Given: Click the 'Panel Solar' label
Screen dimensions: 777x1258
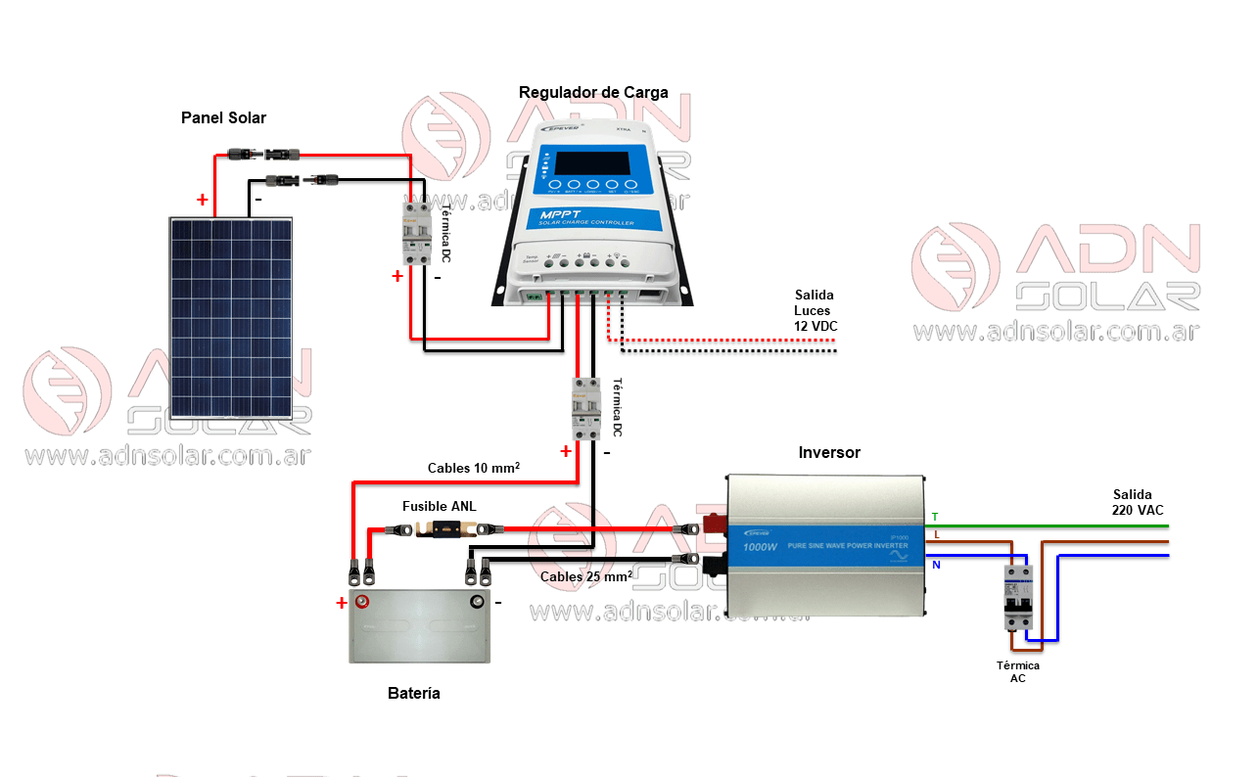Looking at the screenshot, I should coord(223,117).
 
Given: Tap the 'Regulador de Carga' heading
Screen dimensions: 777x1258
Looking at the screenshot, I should coord(593,93).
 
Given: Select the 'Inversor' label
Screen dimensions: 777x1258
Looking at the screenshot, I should coord(829,452).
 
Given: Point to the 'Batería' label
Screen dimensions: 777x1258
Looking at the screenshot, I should coord(413,693).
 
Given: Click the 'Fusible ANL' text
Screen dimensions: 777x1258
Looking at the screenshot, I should coord(440,506).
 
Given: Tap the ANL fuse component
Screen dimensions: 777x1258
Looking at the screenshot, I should coord(446,530).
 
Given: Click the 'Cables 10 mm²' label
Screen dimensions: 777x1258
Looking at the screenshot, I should coord(473,468).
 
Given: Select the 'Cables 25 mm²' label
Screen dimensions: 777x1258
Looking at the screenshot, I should coord(585,576).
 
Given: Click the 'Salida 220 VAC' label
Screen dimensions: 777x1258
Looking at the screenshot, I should coord(1137,502).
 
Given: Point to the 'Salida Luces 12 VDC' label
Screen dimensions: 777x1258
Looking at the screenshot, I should coord(815,310).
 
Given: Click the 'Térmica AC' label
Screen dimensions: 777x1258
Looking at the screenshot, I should coord(1018,671).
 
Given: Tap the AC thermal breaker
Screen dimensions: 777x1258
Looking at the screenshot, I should coord(1018,598).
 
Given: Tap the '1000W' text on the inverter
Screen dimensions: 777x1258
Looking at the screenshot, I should coord(760,546).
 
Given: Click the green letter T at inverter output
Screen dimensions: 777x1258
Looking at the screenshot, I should coord(934,517).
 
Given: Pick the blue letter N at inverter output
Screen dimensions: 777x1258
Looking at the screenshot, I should coord(935,565).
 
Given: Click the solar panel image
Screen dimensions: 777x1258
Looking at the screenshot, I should coord(231,318).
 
